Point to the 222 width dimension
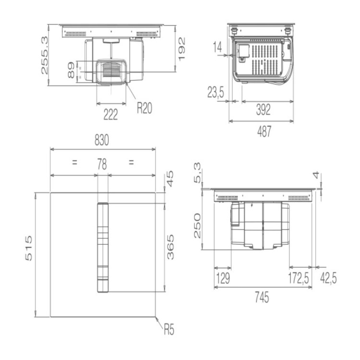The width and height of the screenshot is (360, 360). [x=110, y=114]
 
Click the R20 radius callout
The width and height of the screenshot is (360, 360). [x=144, y=108]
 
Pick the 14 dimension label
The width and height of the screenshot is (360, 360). [x=217, y=47]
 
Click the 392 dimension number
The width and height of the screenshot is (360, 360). [x=263, y=110]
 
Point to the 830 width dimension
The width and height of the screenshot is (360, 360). [x=102, y=141]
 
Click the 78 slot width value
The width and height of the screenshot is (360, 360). [x=102, y=165]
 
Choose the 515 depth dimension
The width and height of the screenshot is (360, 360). [x=29, y=248]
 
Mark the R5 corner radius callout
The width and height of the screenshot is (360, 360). [x=168, y=330]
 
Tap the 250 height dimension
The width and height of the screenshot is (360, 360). [x=197, y=226]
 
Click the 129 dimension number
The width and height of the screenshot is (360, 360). [x=222, y=278]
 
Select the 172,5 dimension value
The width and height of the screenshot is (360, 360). [x=298, y=278]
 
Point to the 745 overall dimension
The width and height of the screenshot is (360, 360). [x=262, y=298]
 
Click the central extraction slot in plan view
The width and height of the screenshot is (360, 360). [x=103, y=247]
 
